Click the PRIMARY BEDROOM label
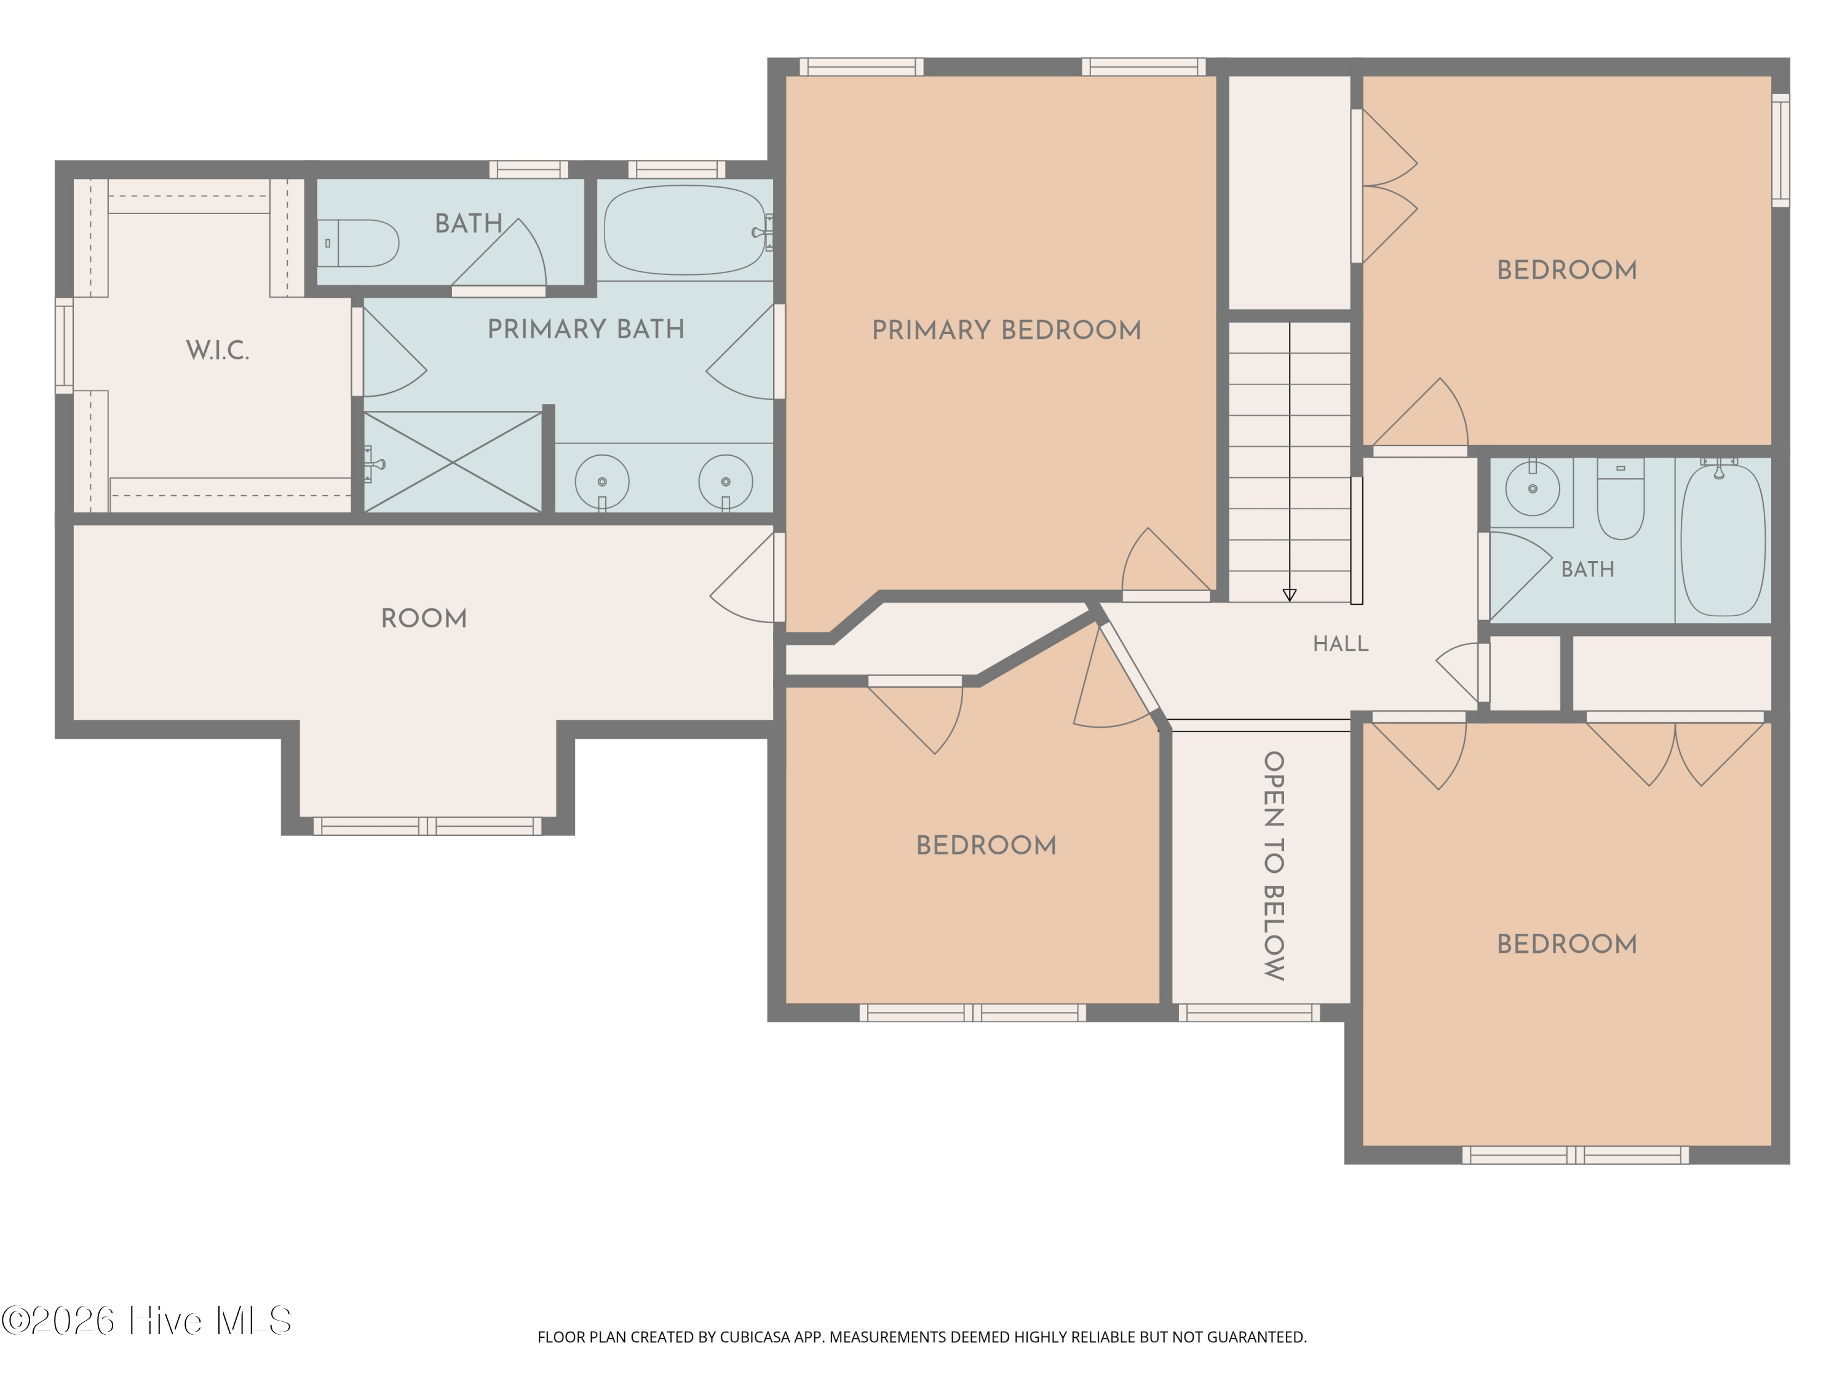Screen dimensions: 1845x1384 [1007, 330]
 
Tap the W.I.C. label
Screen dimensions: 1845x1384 [218, 351]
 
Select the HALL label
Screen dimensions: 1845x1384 [1340, 643]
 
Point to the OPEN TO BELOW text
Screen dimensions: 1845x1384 [1274, 866]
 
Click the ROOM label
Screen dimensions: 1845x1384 [424, 618]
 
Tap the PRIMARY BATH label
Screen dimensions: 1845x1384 [585, 330]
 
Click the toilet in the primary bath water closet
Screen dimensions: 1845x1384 [358, 243]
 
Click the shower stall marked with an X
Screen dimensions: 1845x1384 [453, 461]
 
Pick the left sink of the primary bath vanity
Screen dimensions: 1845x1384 [602, 482]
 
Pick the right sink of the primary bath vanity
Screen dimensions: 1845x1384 [726, 482]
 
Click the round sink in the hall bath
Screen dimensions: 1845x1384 [1532, 489]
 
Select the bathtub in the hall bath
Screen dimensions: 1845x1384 [1723, 541]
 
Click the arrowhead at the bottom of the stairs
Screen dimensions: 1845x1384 [1290, 595]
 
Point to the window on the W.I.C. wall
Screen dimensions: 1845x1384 [64, 345]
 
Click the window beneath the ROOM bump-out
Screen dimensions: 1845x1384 [427, 826]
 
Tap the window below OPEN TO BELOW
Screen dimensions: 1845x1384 [1248, 1012]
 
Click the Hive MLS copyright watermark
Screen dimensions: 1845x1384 [147, 1321]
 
